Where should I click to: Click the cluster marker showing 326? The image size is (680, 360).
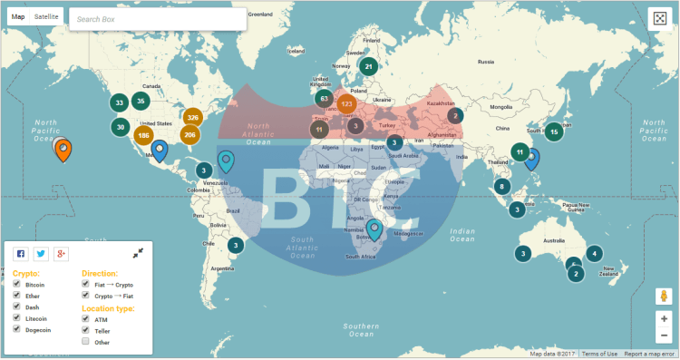click(192, 118)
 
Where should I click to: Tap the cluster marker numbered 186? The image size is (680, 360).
click(142, 136)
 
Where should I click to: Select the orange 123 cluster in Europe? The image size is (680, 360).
click(346, 104)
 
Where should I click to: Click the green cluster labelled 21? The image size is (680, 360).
click(368, 66)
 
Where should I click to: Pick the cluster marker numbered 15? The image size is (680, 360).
click(554, 131)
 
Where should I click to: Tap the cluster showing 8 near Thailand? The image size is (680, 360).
click(501, 187)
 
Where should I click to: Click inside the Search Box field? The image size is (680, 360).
click(158, 18)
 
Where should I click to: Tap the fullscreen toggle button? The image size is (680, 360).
click(660, 19)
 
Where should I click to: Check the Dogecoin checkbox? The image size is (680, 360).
click(17, 330)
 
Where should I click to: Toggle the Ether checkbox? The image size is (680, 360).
click(17, 296)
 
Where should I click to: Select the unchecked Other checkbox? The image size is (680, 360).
click(86, 342)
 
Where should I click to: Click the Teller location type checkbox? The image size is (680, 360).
click(86, 331)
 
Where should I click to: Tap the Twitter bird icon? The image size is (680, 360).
click(41, 254)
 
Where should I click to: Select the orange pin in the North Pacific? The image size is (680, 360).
click(62, 149)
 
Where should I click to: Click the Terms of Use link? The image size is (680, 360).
click(599, 354)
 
